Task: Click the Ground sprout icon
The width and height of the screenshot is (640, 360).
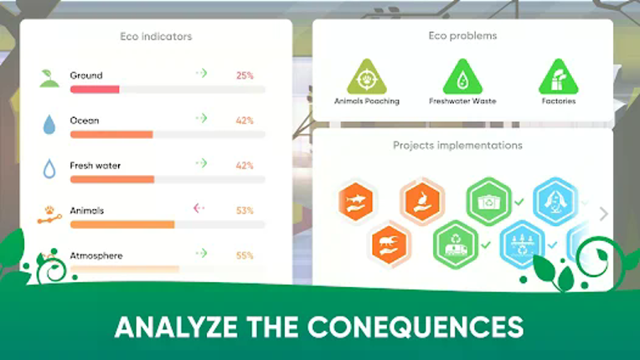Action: pyautogui.click(x=49, y=78)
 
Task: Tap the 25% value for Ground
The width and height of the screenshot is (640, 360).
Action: pyautogui.click(x=245, y=75)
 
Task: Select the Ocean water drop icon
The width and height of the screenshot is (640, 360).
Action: pyautogui.click(x=49, y=124)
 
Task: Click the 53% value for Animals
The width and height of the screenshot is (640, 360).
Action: pyautogui.click(x=245, y=210)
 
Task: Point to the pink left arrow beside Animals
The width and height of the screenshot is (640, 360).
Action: pyautogui.click(x=199, y=208)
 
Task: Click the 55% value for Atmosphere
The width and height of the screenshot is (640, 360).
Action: pyautogui.click(x=245, y=255)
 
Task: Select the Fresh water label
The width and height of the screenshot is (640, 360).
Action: pyautogui.click(x=95, y=166)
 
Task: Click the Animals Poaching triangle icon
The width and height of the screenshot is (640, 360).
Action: pyautogui.click(x=367, y=77)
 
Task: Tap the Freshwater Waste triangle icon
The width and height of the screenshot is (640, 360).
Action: pyautogui.click(x=462, y=77)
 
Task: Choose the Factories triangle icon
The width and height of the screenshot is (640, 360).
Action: pyautogui.click(x=558, y=77)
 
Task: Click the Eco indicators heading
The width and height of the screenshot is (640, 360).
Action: pyautogui.click(x=156, y=37)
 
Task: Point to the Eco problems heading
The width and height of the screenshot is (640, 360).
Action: pyautogui.click(x=462, y=36)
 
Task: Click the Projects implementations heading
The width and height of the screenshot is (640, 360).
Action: pyautogui.click(x=457, y=146)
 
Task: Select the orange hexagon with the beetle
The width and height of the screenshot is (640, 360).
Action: pyautogui.click(x=390, y=244)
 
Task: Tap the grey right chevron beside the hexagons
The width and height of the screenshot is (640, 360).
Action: pyautogui.click(x=603, y=213)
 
